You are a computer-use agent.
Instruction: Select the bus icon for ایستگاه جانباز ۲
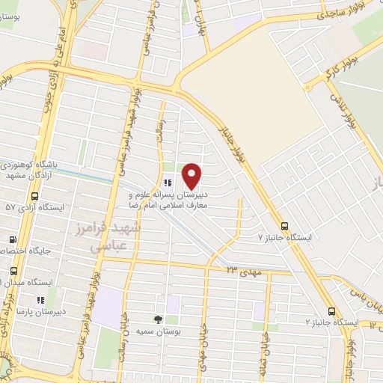pyautogui.click(x=331, y=311)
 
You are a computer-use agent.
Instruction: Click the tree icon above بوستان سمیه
pyautogui.click(x=158, y=319)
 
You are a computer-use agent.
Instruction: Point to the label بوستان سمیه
pyautogui.click(x=158, y=330)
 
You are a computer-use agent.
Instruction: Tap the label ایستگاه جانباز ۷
pyautogui.click(x=285, y=236)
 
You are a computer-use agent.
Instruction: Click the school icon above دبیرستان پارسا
pyautogui.click(x=39, y=301)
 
